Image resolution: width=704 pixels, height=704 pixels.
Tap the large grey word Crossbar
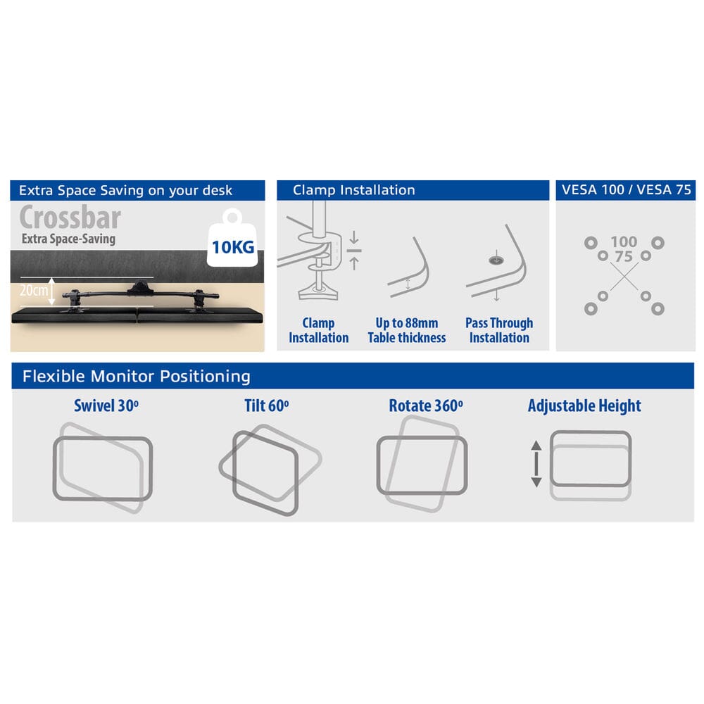70,218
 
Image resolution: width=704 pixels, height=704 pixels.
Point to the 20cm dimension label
33,290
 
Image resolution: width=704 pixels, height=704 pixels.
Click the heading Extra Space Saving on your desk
126,190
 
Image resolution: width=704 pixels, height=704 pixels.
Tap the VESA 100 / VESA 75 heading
627,190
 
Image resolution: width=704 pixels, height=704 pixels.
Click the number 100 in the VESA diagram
624,242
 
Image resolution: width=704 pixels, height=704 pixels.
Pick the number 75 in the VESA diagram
624,257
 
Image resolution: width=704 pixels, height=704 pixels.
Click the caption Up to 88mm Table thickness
407,330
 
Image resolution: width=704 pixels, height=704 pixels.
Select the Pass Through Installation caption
499,330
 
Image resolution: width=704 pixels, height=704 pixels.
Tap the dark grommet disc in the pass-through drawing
496,260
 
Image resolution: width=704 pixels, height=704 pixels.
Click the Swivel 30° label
106,406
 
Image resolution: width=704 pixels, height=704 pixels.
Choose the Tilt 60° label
267,406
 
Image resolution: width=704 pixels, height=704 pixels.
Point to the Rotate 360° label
426,406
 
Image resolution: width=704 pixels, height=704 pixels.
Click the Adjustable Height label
584,406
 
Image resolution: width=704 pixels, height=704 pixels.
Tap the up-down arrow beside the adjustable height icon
536,464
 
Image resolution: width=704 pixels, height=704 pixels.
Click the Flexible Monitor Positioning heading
137,376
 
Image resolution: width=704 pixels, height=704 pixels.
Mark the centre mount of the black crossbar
141,287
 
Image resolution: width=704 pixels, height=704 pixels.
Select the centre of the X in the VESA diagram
624,277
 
